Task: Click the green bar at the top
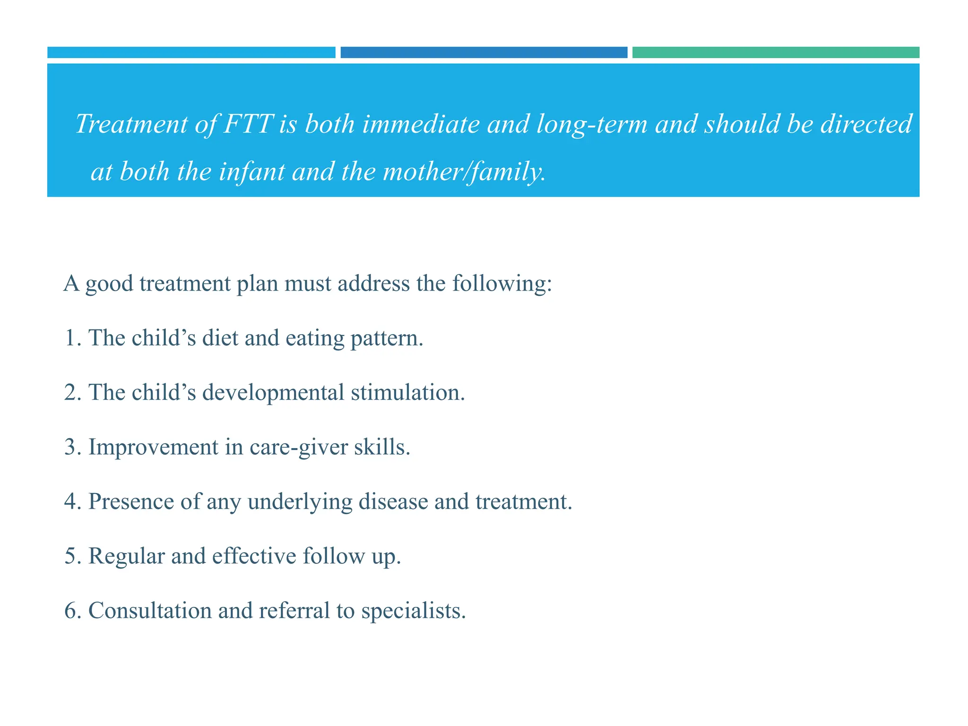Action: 775,52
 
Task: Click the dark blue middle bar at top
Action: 484,52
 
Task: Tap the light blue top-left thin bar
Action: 191,52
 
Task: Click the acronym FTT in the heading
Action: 248,124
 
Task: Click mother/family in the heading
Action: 463,172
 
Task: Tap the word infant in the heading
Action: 251,172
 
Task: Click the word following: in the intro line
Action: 502,284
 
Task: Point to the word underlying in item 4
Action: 300,502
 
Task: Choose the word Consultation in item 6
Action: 150,611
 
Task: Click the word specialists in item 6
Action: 413,611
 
